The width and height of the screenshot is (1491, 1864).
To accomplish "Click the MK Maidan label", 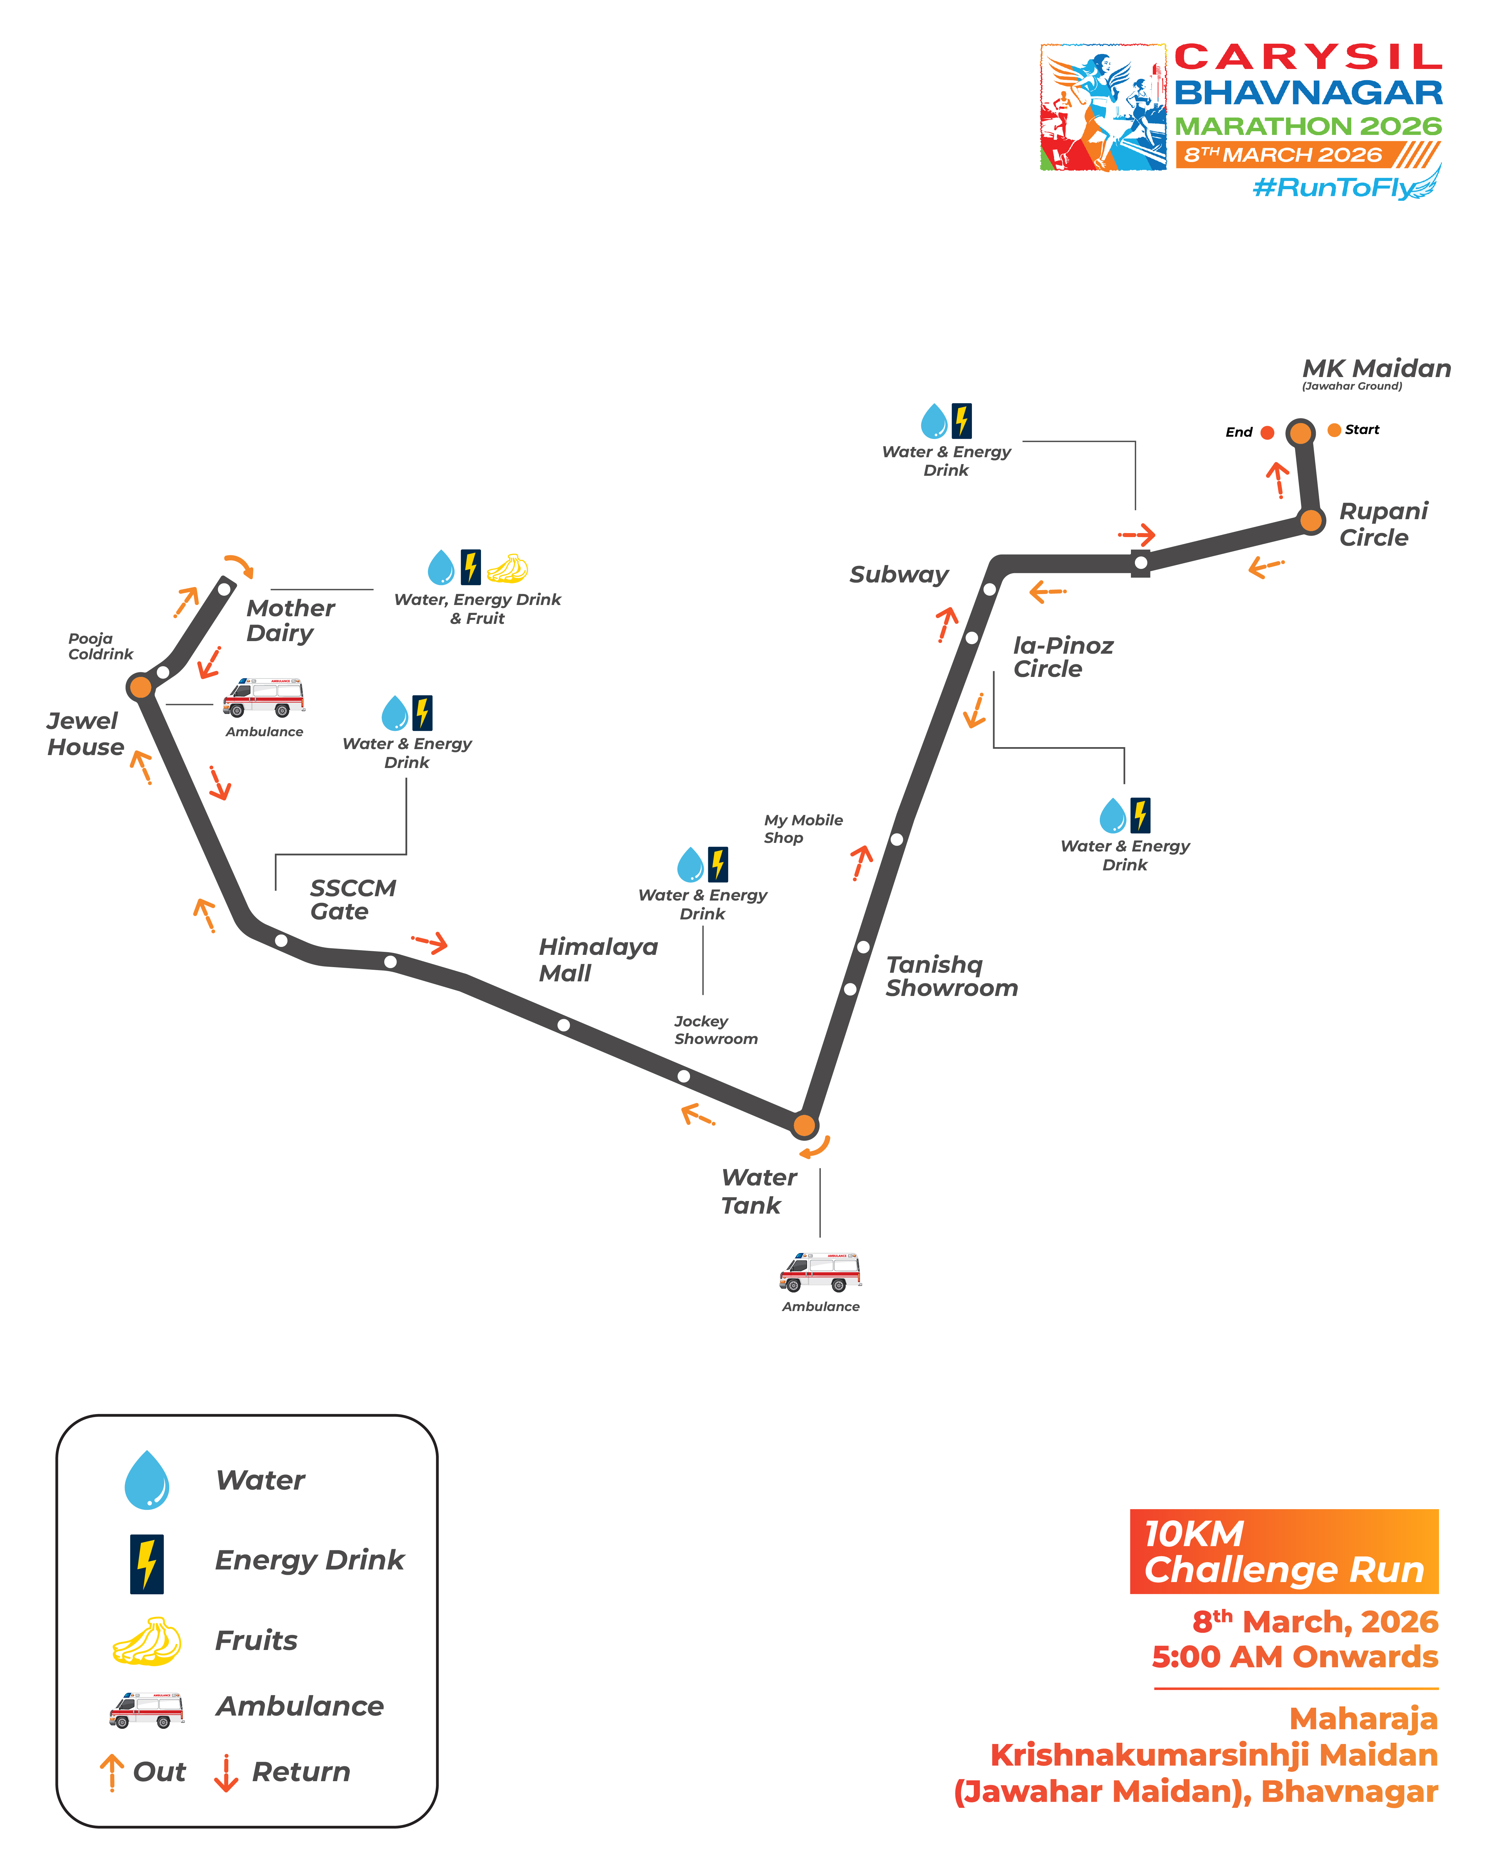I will pyautogui.click(x=1376, y=369).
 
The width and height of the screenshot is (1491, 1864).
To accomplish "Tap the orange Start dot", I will pyautogui.click(x=1334, y=430).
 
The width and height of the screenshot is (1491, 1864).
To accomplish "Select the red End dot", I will pyautogui.click(x=1267, y=432).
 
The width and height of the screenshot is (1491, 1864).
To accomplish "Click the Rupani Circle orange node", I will pyautogui.click(x=1311, y=521).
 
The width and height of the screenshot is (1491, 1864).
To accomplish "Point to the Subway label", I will pyautogui.click(x=899, y=575).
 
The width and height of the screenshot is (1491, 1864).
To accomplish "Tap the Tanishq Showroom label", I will pyautogui.click(x=951, y=976).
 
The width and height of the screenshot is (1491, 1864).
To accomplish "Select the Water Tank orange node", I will pyautogui.click(x=804, y=1125).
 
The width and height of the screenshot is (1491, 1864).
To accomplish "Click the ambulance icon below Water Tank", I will pyautogui.click(x=820, y=1271).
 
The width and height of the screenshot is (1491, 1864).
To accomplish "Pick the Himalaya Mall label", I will pyautogui.click(x=598, y=960).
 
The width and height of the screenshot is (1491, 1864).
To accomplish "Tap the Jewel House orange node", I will pyautogui.click(x=139, y=687).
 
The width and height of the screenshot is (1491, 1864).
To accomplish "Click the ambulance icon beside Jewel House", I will pyautogui.click(x=264, y=697).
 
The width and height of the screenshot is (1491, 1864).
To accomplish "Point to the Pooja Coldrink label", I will pyautogui.click(x=100, y=646).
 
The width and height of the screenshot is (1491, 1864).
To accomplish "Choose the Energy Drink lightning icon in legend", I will pyautogui.click(x=147, y=1563).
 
